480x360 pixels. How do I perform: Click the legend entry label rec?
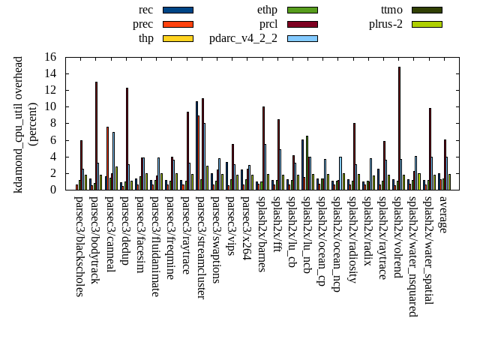146,10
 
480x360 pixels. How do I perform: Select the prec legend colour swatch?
178,24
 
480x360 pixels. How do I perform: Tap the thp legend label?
146,38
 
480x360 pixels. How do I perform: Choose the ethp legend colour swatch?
302,10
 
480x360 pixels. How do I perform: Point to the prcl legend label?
268,24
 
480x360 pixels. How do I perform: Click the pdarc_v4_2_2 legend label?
243,38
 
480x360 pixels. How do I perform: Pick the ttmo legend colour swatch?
426,10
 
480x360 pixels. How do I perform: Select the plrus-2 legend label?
385,24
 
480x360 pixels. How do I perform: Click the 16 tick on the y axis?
50,57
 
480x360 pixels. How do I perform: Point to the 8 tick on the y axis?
53,123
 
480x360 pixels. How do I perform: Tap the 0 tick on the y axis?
53,190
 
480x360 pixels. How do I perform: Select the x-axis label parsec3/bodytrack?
95,240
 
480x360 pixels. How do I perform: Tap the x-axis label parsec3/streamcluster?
202,247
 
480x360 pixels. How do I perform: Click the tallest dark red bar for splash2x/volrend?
399,128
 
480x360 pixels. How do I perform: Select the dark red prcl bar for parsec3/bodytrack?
96,136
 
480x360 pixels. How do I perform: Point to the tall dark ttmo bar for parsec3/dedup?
127,139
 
